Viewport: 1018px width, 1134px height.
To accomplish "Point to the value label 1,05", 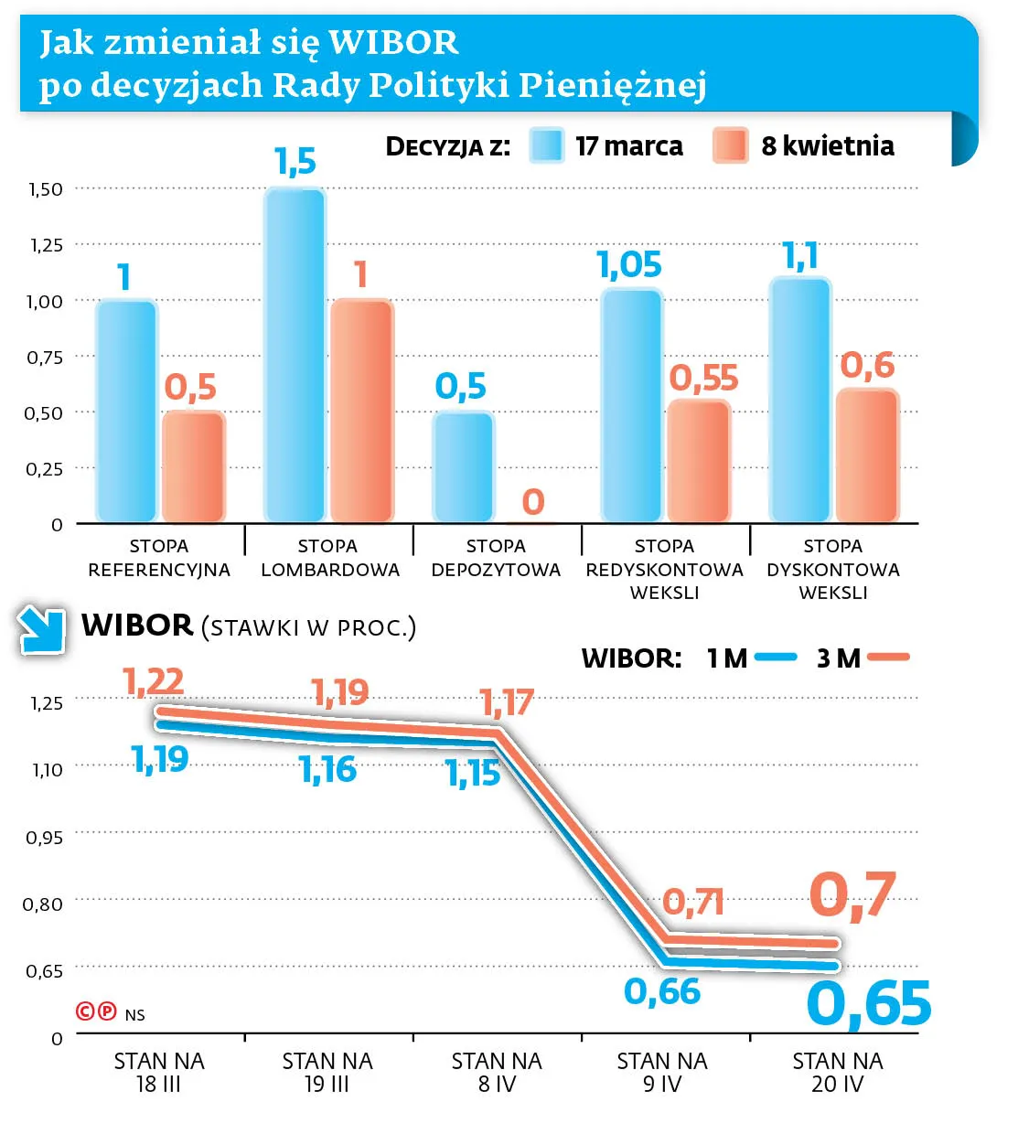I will coord(629,265).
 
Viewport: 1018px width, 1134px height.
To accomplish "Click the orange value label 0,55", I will coord(703,378).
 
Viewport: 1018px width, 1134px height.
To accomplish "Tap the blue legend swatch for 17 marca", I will coord(547,145).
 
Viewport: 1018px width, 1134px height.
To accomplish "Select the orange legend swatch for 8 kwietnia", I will coord(730,145).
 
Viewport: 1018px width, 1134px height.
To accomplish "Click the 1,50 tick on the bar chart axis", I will coord(46,189).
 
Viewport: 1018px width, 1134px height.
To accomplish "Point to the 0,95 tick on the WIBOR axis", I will coord(44,837).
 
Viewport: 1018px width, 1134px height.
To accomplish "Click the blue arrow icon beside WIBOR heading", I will coord(42,630).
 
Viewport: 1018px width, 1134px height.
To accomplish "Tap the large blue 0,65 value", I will coord(868,1004).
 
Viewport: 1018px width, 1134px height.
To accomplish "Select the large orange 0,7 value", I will coord(852,894).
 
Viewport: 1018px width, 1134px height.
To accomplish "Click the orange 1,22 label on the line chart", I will coord(154,681).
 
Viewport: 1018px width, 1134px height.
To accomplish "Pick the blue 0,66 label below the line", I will coord(662,991).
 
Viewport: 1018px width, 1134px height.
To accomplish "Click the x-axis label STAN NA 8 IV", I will coord(497,1072).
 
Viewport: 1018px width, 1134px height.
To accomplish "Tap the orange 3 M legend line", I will coord(888,657).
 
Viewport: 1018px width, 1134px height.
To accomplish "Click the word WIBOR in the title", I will coord(393,43).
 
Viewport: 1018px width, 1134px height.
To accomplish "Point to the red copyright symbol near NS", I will coord(85,1011).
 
